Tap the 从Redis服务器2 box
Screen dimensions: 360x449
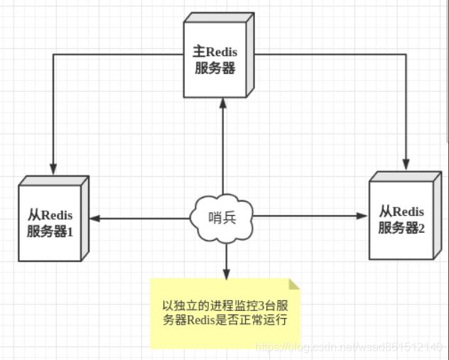coord(401,219)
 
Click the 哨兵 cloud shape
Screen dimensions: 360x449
coord(222,217)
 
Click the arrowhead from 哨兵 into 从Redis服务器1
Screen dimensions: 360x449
coord(94,217)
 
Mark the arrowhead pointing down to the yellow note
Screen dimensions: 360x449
coord(225,274)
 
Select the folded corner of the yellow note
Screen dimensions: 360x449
coord(294,285)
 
